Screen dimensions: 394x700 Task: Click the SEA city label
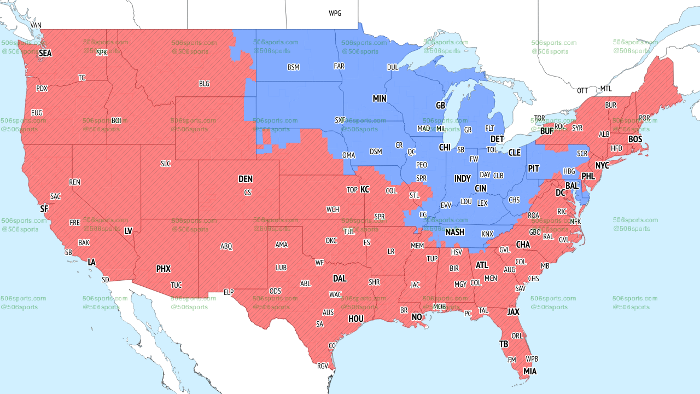pyautogui.click(x=45, y=54)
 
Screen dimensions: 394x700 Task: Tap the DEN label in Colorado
pyautogui.click(x=246, y=179)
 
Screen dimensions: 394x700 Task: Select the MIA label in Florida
pyautogui.click(x=529, y=372)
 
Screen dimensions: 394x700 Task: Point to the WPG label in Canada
pyautogui.click(x=335, y=13)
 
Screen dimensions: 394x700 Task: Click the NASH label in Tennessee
pyautogui.click(x=454, y=232)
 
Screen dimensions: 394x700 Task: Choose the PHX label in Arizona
pyautogui.click(x=163, y=269)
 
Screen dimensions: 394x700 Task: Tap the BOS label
pyautogui.click(x=635, y=140)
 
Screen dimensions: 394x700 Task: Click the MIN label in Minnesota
pyautogui.click(x=380, y=99)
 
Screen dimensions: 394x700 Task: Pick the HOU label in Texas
pyautogui.click(x=355, y=318)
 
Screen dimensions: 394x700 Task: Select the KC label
pyautogui.click(x=365, y=189)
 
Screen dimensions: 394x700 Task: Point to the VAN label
pyautogui.click(x=36, y=25)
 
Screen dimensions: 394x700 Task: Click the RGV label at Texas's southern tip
pyautogui.click(x=323, y=366)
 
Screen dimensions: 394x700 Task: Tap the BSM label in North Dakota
pyautogui.click(x=293, y=67)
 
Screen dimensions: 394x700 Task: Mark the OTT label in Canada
pyautogui.click(x=582, y=90)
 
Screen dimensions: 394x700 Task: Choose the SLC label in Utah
pyautogui.click(x=166, y=164)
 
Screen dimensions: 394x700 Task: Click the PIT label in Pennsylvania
pyautogui.click(x=533, y=169)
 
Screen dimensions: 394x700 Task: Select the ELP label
pyautogui.click(x=229, y=293)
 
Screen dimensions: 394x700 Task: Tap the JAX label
pyautogui.click(x=513, y=312)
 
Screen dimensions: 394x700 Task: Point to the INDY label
pyautogui.click(x=462, y=179)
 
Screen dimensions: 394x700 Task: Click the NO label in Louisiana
pyautogui.click(x=417, y=317)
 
